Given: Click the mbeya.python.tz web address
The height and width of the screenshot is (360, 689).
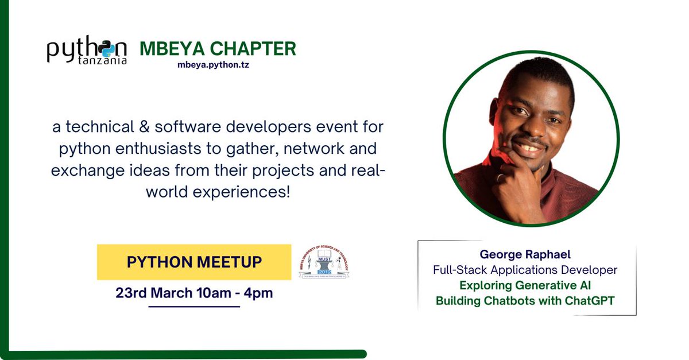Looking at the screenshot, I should click(214, 65).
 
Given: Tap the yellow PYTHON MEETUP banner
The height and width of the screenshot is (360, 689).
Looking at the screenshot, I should click(194, 262).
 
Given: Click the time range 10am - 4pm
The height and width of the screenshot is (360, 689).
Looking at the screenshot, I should click(234, 293).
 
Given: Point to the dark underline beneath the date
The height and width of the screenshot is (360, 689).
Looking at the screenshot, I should click(194, 307).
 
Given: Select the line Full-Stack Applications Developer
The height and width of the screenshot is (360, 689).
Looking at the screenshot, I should click(525, 270).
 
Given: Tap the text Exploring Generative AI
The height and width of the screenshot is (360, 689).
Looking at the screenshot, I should click(525, 285).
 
